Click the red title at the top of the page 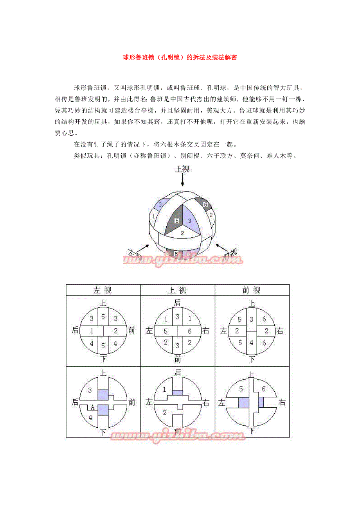[x=180, y=57]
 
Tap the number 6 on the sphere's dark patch [x=205, y=204]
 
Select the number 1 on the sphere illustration [x=154, y=216]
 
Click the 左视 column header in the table [x=103, y=290]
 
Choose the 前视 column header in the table [x=252, y=290]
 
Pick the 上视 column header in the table [x=177, y=290]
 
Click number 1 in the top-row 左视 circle [x=92, y=331]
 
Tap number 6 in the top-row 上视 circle [x=190, y=331]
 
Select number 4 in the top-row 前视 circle [x=252, y=343]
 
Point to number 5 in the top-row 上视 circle [x=166, y=331]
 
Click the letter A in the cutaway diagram [x=92, y=407]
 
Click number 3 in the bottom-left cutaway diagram [x=90, y=390]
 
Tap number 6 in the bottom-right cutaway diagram [x=264, y=389]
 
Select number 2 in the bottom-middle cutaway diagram [x=165, y=412]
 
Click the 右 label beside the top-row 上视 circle [x=206, y=331]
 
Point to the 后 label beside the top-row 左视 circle [x=75, y=331]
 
